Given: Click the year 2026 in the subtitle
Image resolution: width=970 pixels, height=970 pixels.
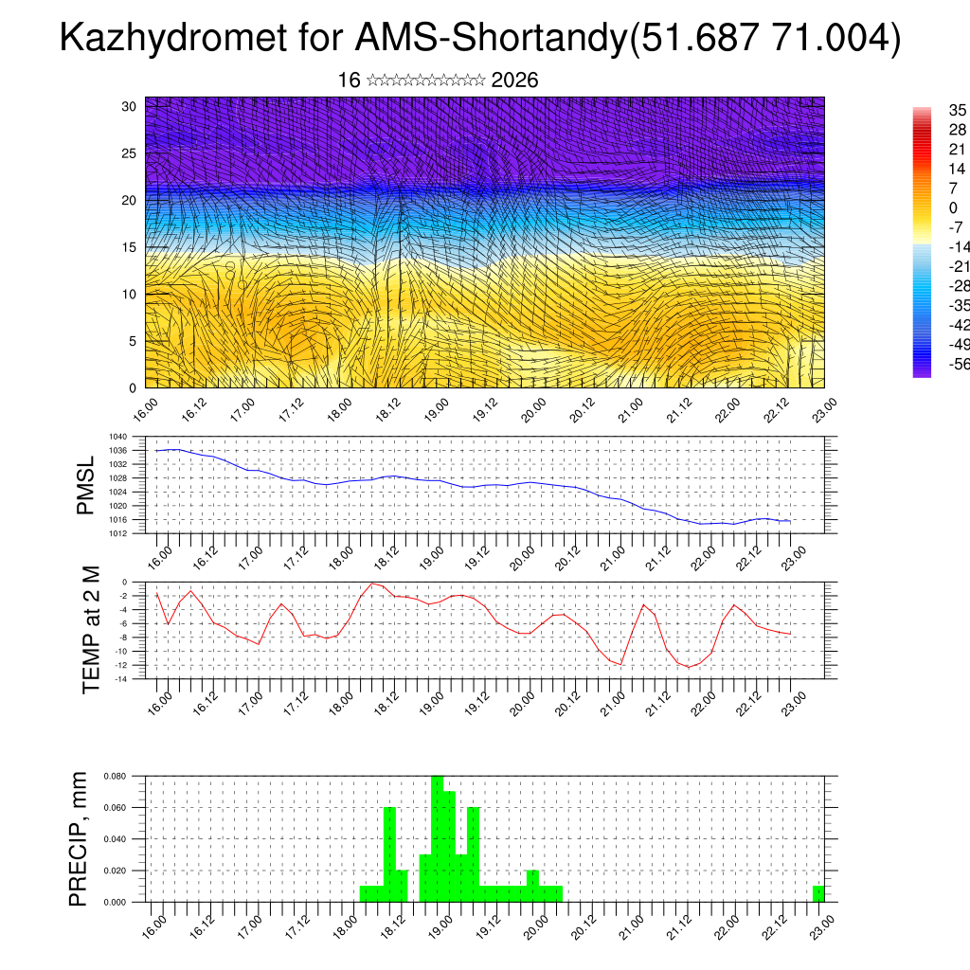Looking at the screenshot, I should pyautogui.click(x=515, y=81).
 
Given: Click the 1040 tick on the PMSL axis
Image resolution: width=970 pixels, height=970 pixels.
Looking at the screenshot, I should pyautogui.click(x=118, y=438).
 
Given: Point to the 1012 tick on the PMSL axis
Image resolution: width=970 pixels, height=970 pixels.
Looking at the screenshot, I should pyautogui.click(x=118, y=533).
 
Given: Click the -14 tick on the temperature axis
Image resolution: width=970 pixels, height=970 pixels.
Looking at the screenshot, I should pyautogui.click(x=122, y=678).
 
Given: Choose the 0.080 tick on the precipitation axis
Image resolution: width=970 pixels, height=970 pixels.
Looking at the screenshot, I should pyautogui.click(x=115, y=776).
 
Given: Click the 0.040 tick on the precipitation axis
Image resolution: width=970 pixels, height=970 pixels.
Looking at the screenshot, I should pyautogui.click(x=115, y=839).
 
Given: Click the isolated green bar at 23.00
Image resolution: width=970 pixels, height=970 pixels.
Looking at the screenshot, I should pyautogui.click(x=818, y=893).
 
